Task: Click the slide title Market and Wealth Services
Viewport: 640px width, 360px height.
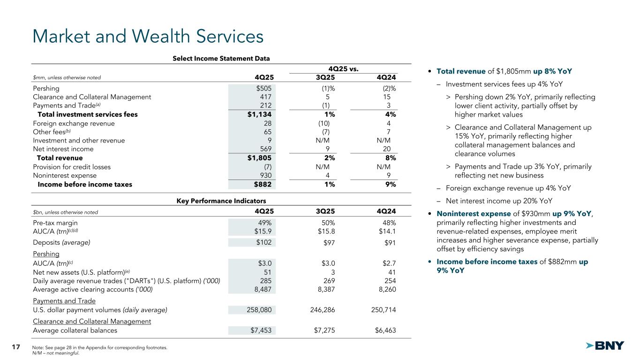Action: click(147, 37)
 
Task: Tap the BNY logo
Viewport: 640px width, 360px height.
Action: click(605, 346)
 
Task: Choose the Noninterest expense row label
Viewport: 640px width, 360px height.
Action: click(65, 175)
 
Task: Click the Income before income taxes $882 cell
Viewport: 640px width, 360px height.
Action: click(263, 184)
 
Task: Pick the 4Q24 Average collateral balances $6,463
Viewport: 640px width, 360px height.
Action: click(384, 330)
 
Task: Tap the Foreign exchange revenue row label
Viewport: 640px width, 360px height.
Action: click(74, 123)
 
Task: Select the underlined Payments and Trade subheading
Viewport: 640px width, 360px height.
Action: click(64, 301)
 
